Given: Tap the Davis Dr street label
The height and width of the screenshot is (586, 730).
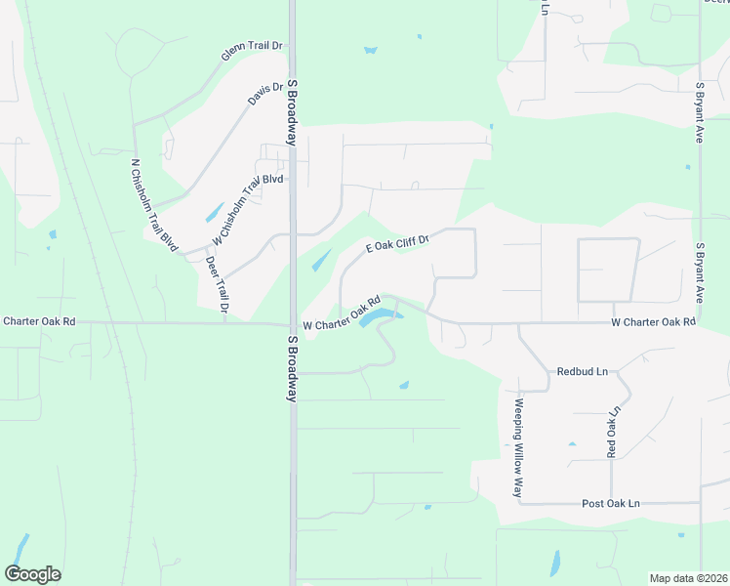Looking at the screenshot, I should [264, 95].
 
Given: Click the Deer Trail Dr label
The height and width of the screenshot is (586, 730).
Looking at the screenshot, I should [217, 284].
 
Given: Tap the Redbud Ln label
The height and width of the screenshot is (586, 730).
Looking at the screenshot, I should [582, 372].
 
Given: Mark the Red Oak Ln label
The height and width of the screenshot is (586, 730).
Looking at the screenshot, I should [613, 432].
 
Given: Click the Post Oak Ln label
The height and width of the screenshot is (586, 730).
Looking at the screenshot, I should [610, 503].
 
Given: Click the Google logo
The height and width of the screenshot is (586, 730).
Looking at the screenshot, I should [32, 574].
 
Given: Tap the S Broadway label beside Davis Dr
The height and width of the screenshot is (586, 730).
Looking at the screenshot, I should [292, 112].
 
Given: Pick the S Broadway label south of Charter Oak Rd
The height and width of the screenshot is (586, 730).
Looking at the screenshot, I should [292, 369].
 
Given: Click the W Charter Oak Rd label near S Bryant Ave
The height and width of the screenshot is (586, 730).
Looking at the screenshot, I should [653, 321].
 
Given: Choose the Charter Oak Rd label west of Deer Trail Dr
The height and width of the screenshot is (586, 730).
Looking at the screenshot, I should [39, 320].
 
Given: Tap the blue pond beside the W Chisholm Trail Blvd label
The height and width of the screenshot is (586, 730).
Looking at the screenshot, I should [213, 211].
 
